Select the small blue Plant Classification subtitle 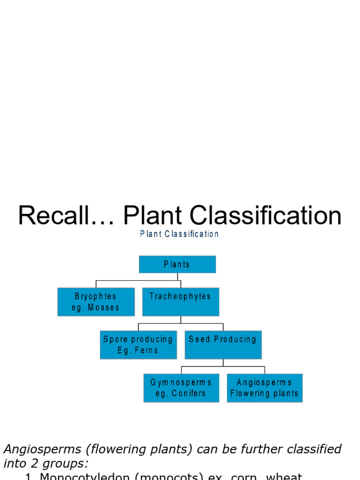(x=179, y=234)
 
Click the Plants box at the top (x=177, y=264)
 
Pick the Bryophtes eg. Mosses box (x=96, y=302)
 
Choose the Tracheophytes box (x=180, y=302)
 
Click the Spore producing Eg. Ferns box (x=137, y=345)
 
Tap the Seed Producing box (x=223, y=345)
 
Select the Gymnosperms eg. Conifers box (x=181, y=388)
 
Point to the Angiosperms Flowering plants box (x=264, y=388)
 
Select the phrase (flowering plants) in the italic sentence (x=136, y=449)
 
